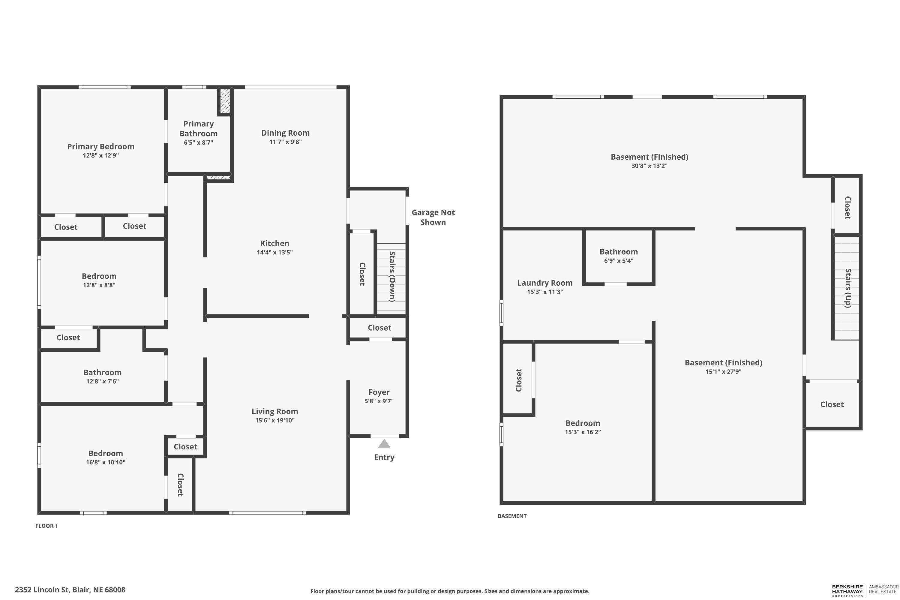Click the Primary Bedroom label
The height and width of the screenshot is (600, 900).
click(100, 147)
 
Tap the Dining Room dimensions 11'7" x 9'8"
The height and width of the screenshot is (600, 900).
click(286, 142)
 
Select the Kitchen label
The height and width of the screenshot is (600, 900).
click(275, 243)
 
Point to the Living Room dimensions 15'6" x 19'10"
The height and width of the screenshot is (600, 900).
click(275, 421)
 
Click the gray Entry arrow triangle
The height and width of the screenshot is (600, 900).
click(384, 444)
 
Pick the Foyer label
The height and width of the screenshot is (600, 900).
click(379, 392)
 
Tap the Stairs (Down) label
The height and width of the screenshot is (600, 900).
click(392, 276)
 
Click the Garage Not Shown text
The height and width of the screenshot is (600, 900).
click(433, 217)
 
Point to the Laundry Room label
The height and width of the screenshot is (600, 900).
click(545, 283)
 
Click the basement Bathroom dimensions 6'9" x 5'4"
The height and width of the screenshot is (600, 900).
click(619, 261)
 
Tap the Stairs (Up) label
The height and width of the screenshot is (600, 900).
click(848, 288)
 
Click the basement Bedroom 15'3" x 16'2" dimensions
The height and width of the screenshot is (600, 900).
click(583, 432)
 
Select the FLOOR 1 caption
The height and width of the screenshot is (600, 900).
click(47, 526)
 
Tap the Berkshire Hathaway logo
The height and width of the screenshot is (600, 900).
click(847, 591)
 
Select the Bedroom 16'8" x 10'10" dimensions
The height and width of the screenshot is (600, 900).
click(106, 462)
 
